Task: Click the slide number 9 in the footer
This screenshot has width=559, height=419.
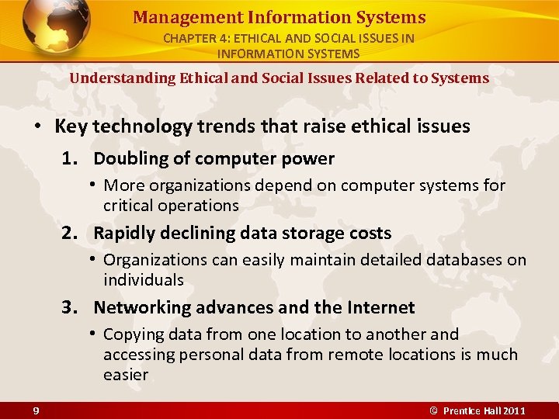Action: coord(36,410)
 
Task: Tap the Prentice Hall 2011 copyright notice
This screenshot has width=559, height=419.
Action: coord(478,410)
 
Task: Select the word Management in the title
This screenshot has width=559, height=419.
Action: coord(176,17)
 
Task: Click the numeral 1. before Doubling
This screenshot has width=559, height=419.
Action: coord(71,159)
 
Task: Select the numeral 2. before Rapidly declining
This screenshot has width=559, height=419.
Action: coord(71,234)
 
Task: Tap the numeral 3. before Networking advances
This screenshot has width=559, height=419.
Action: coord(71,308)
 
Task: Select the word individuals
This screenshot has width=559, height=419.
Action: coord(143,280)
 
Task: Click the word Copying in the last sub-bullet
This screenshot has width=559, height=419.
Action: coord(133,334)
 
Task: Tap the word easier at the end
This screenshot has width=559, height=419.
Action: coord(125,375)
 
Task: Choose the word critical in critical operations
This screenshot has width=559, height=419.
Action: coord(130,206)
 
